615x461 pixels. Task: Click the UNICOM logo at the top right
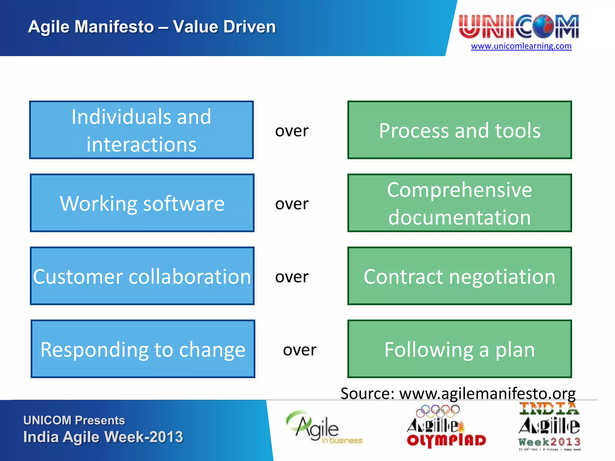tap(519, 26)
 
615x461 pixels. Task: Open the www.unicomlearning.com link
tap(521, 46)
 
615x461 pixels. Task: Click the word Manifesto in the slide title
tap(114, 27)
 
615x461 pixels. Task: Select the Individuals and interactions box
tap(141, 130)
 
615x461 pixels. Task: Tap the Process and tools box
tap(459, 130)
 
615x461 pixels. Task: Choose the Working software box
tap(142, 203)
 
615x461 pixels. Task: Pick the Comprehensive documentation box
tap(459, 203)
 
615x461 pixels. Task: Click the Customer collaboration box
tap(142, 276)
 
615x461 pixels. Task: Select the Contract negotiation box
tap(459, 276)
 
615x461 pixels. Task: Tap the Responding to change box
tap(143, 349)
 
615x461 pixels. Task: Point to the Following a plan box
tap(459, 349)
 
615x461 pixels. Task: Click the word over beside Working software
tap(292, 204)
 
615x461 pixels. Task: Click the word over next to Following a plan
tap(299, 350)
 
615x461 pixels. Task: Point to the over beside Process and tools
tap(292, 131)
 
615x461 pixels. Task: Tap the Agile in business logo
tap(323, 428)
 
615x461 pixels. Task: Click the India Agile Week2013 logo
tap(549, 426)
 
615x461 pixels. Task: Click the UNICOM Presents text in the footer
tap(74, 420)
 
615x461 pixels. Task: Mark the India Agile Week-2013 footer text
tap(103, 437)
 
